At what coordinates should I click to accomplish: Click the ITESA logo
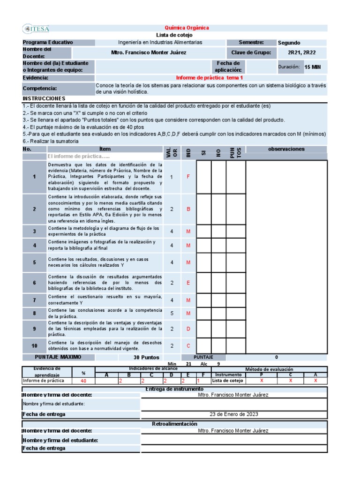tap(36, 29)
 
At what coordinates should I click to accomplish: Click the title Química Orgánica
tap(187, 28)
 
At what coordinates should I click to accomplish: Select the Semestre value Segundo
tap(289, 43)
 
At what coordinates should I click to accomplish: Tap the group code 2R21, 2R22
tap(301, 52)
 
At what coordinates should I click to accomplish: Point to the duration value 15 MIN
tap(313, 67)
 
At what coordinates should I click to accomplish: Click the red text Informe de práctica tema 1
tap(209, 78)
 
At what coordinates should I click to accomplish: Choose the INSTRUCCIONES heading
tap(44, 99)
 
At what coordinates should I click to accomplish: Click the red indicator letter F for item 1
tap(188, 177)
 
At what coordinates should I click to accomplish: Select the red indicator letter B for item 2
tap(188, 209)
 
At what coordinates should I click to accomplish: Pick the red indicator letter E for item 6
tap(188, 283)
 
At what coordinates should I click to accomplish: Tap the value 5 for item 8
tap(172, 313)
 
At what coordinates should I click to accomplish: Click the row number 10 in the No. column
tap(34, 345)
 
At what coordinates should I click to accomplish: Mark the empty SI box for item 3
tap(203, 232)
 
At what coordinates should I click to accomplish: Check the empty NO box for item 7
tap(218, 300)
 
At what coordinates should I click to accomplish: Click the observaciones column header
tap(286, 149)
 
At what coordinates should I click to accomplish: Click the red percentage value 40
tap(83, 381)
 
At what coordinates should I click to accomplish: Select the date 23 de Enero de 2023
tap(233, 414)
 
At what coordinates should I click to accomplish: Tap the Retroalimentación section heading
tap(174, 424)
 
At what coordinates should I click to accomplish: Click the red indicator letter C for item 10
tap(188, 345)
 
